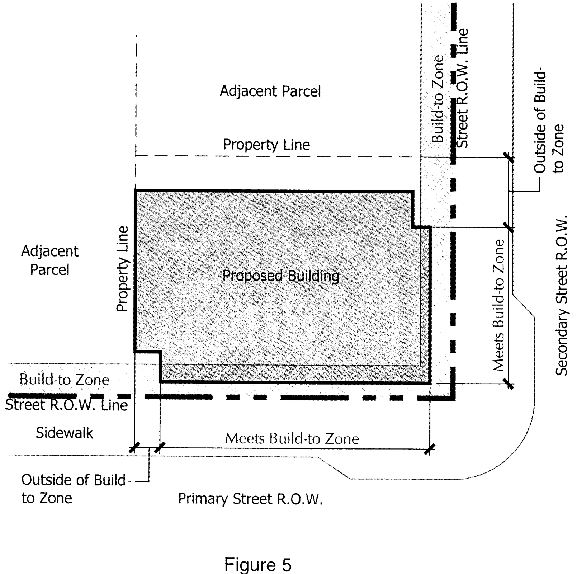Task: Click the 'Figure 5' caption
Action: click(x=258, y=555)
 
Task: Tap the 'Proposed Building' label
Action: click(x=281, y=276)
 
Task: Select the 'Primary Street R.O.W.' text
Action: click(x=250, y=499)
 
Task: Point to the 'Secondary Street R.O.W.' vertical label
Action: click(x=562, y=295)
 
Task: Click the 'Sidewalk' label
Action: click(x=64, y=433)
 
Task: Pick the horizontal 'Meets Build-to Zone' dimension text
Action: click(x=292, y=438)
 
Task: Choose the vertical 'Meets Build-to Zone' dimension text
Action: click(x=498, y=305)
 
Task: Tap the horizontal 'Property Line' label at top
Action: click(x=266, y=145)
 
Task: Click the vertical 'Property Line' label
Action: click(x=122, y=269)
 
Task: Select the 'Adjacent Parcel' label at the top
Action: click(x=270, y=91)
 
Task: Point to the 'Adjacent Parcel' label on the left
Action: click(x=50, y=260)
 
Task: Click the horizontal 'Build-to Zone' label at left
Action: click(x=64, y=380)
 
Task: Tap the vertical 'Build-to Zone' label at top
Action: click(x=438, y=99)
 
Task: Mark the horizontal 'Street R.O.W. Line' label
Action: click(x=67, y=405)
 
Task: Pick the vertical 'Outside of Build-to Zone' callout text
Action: click(x=549, y=122)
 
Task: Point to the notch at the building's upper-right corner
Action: click(x=413, y=227)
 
